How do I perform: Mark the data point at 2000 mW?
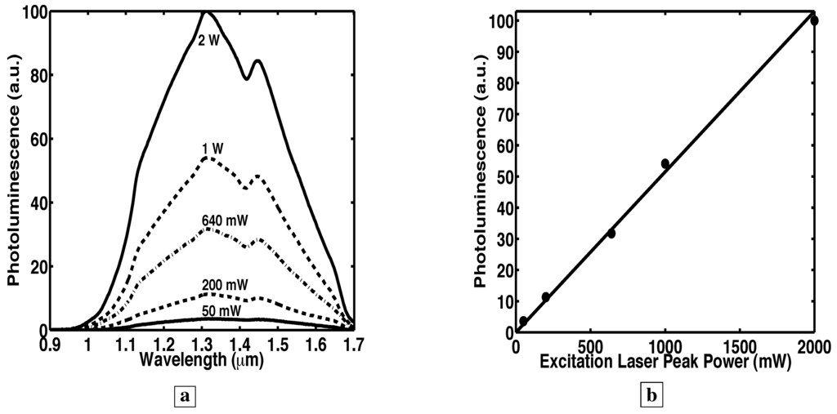814,20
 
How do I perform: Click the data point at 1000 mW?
665,163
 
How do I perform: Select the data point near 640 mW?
611,234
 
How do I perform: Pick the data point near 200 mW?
546,297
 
